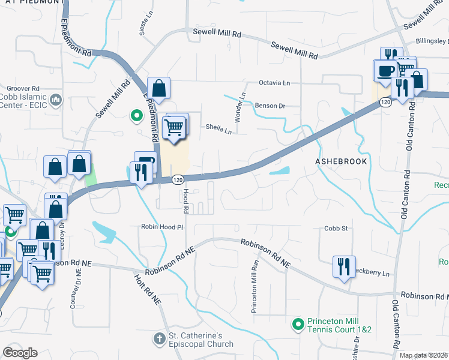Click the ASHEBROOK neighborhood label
tap(341, 162)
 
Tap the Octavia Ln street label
tap(274, 82)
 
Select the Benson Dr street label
tap(270, 106)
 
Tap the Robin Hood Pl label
tap(161, 227)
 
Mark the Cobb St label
tap(336, 229)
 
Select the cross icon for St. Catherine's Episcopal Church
tap(160, 338)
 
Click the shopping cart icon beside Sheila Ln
tap(175, 126)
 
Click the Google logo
tap(20, 353)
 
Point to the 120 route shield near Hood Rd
tap(177, 179)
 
